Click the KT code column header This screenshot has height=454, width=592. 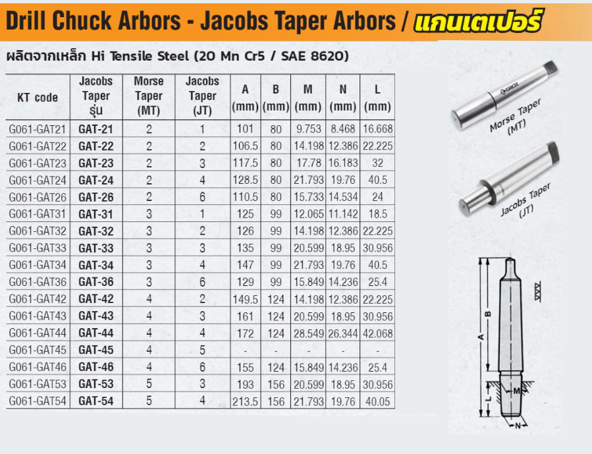tap(38, 98)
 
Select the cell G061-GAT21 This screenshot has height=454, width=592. tap(38, 130)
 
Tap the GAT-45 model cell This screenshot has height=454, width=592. tap(96, 350)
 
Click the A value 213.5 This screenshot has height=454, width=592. tap(245, 401)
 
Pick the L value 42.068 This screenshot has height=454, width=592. tap(377, 333)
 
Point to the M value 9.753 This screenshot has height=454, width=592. tap(308, 129)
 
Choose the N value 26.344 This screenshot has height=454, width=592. tap(343, 333)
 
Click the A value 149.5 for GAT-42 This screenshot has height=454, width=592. tap(245, 300)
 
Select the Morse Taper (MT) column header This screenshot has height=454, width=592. tap(149, 96)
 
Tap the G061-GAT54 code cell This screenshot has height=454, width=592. tap(38, 401)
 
